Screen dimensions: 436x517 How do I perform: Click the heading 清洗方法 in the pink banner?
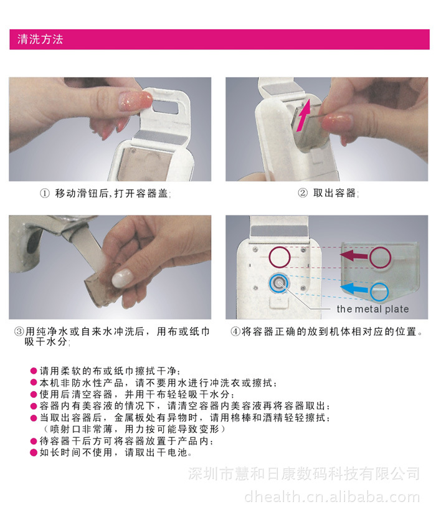40,39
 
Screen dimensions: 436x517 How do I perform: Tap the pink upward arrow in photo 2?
304,116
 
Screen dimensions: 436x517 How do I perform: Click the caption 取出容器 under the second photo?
334,193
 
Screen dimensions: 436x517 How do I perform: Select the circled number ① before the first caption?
44,193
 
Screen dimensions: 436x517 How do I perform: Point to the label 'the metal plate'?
372,309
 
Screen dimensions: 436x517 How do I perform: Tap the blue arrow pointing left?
354,289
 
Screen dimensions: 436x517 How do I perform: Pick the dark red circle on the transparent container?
381,257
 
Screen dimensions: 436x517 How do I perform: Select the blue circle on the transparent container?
379,292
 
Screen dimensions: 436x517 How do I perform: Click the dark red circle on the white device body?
280,257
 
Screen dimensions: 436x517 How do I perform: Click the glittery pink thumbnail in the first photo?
136,100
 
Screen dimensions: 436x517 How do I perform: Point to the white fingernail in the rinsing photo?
122,278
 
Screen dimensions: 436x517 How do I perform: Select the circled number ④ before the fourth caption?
235,331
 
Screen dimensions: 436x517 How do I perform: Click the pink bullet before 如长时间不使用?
33,452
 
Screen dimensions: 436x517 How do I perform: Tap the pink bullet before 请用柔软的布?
33,371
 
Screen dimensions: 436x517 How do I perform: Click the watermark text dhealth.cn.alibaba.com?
332,496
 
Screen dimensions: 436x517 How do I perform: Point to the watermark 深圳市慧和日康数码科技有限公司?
304,473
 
